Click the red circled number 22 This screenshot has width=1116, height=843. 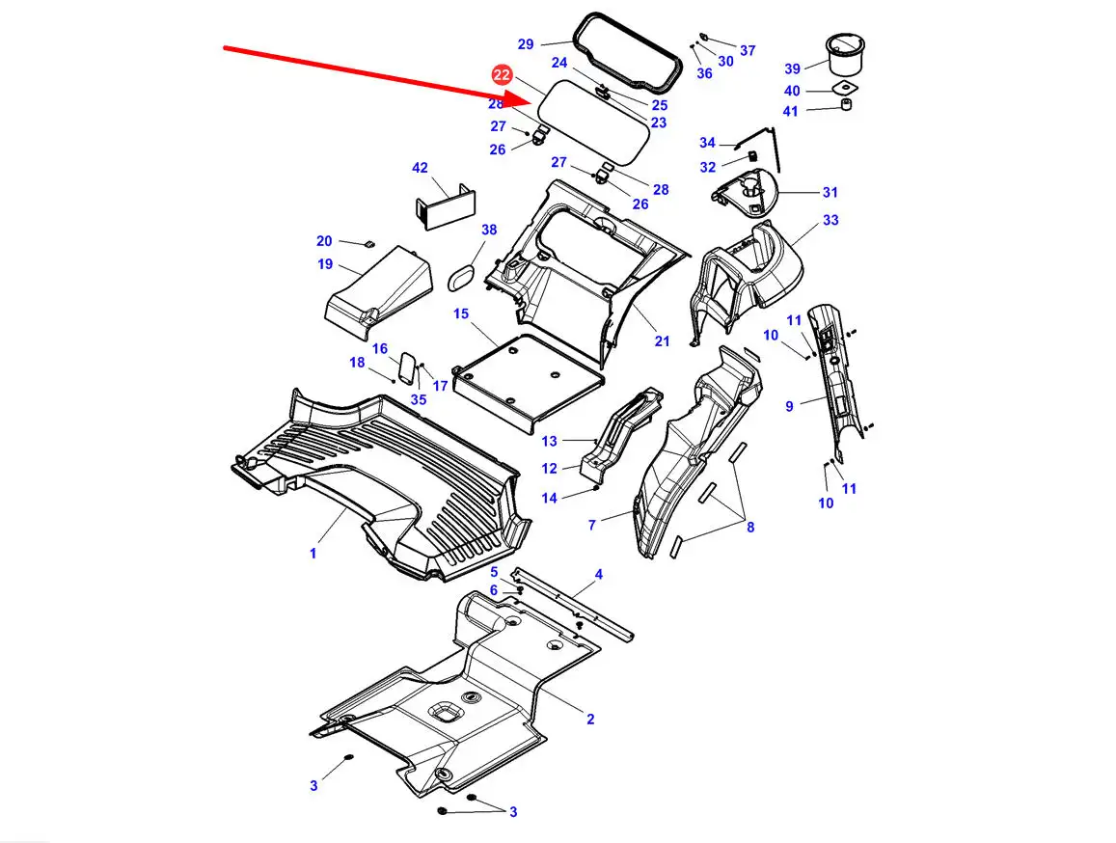coord(502,75)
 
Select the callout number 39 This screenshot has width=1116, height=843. coord(792,69)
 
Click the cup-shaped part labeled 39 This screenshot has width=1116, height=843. coord(845,54)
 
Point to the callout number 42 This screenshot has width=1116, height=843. coord(420,168)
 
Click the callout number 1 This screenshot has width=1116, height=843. coord(313,553)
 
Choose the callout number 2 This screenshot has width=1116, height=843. coord(590,720)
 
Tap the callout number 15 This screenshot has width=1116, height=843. coord(461,314)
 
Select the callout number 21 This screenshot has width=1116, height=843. coord(662,341)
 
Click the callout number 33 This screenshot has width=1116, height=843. coord(830,221)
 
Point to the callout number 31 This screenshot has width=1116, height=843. coord(830,192)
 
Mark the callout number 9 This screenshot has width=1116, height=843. coord(789,406)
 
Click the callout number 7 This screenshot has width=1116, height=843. coord(591,526)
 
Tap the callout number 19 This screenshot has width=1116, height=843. coord(325,264)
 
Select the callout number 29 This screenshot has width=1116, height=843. coord(526,44)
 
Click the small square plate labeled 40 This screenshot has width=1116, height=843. coord(845,89)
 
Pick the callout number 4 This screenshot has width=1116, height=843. coord(599,574)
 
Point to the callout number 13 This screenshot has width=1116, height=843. coord(549,442)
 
